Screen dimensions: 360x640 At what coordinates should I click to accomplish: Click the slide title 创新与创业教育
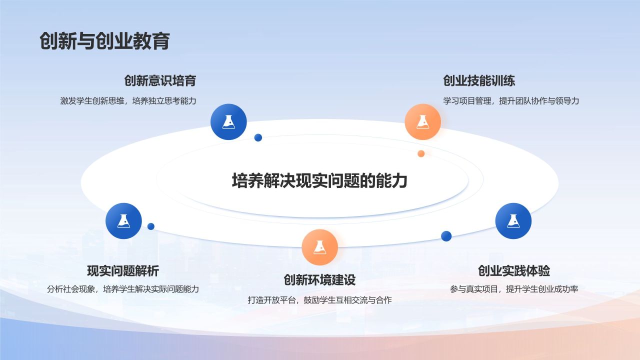pos(104,41)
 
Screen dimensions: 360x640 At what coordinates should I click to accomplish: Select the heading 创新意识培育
pos(160,80)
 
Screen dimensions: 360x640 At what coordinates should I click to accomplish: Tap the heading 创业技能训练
pos(479,80)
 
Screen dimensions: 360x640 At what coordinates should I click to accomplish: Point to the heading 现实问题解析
pos(123,271)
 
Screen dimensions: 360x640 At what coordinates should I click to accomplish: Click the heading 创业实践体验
pos(514,271)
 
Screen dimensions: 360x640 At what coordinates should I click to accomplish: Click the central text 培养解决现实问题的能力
pos(319,180)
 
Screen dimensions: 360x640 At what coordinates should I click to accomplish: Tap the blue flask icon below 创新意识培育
pos(228,121)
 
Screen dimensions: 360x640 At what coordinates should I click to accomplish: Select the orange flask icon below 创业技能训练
pos(422,121)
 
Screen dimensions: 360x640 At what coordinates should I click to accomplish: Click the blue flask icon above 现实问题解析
pos(123,221)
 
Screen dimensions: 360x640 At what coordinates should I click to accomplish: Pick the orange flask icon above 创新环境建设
pos(319,247)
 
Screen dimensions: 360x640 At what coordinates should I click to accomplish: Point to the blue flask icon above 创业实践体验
pos(513,221)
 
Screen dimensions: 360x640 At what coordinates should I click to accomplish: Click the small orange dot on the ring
pos(421,153)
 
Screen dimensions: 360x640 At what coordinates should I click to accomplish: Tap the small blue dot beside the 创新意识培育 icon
pos(258,137)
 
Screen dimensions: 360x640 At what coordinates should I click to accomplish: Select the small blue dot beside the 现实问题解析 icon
pos(151,226)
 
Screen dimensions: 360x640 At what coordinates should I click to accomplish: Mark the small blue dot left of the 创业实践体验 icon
pos(446,236)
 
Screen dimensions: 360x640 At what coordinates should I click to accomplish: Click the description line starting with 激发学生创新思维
pos(128,100)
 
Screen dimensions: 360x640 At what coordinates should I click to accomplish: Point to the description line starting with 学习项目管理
pos(511,100)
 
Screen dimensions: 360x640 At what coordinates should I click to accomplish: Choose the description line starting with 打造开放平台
pos(319,300)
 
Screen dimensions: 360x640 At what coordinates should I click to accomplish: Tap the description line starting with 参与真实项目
pos(514,289)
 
